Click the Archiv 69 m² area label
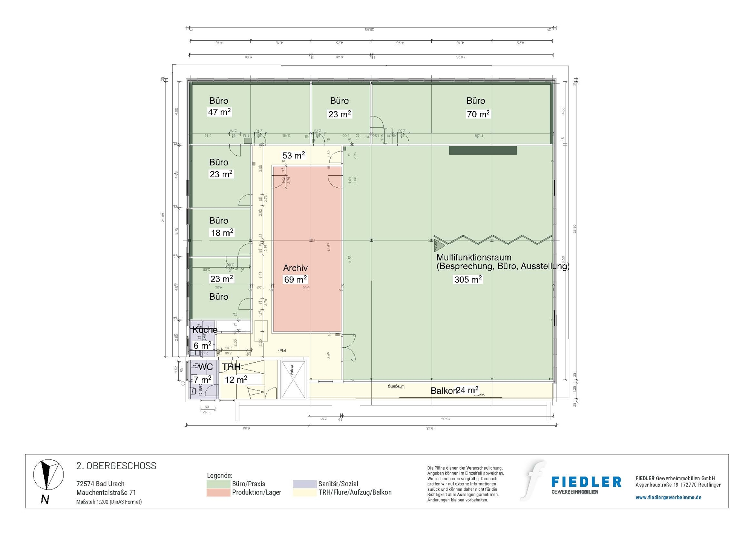point(295,279)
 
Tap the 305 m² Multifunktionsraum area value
point(468,279)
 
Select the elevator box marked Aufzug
point(293,380)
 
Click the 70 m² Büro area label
point(478,114)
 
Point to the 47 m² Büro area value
point(219,112)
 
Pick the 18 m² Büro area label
point(222,233)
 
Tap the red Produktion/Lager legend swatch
point(218,492)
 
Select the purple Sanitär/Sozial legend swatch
point(305,484)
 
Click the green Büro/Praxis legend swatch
point(218,484)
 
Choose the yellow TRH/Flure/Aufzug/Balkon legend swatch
point(305,492)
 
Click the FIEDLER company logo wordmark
point(586,482)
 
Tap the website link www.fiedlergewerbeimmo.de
point(668,497)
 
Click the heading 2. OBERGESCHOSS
point(116,466)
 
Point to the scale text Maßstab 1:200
point(109,502)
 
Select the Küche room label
point(205,330)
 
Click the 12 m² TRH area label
point(236,380)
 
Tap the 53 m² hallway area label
point(293,155)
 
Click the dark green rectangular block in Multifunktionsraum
point(483,150)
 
